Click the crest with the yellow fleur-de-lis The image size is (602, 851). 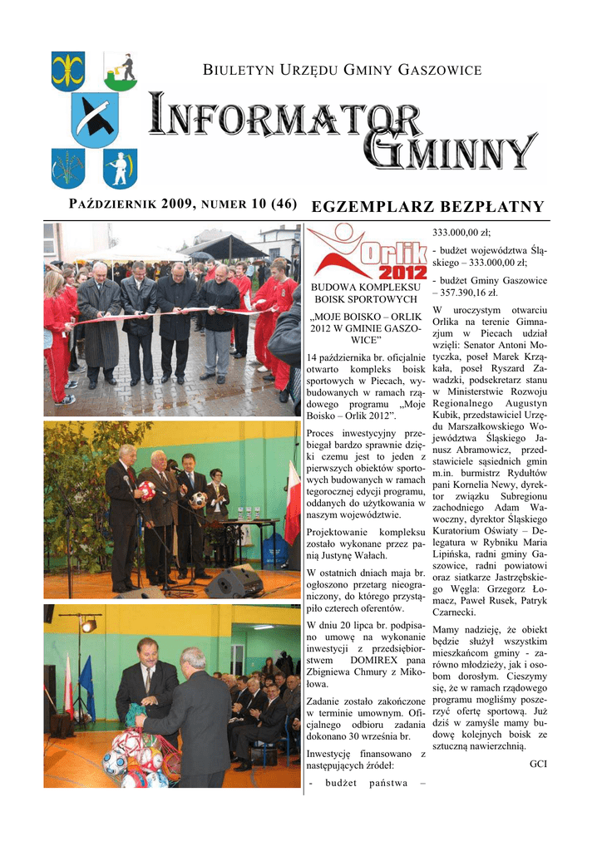(x=67, y=71)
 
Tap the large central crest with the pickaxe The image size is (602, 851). (x=95, y=120)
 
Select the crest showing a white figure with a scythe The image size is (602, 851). (x=121, y=169)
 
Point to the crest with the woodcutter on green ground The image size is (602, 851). (x=121, y=71)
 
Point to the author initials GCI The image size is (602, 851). (x=538, y=764)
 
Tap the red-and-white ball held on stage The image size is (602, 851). (x=147, y=490)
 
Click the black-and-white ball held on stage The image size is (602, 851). (x=199, y=499)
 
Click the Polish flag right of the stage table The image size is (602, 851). (x=292, y=503)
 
